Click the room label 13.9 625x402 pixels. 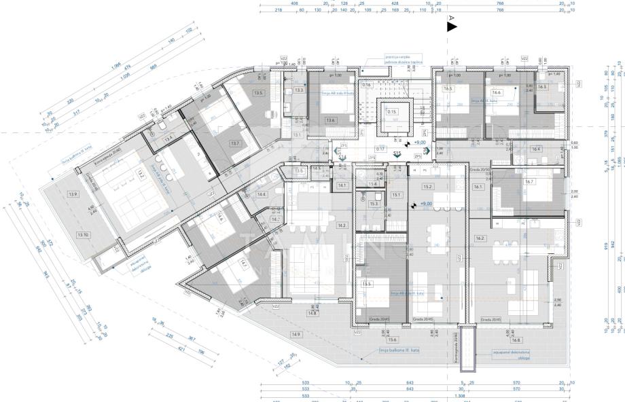(73, 194)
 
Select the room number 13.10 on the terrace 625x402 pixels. (84, 234)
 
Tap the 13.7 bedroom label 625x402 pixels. (236, 143)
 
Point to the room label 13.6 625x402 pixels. (331, 120)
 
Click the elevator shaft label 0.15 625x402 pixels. (392, 112)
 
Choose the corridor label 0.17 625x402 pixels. (380, 149)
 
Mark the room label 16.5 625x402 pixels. (448, 89)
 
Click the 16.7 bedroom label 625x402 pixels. (530, 182)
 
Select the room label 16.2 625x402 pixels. (480, 238)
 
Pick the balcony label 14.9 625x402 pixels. (296, 334)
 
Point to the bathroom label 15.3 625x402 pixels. (374, 203)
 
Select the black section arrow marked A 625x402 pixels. (452, 26)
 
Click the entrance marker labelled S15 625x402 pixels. (396, 154)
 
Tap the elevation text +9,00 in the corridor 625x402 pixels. (418, 143)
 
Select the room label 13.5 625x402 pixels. (258, 93)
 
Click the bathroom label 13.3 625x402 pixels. (298, 90)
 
